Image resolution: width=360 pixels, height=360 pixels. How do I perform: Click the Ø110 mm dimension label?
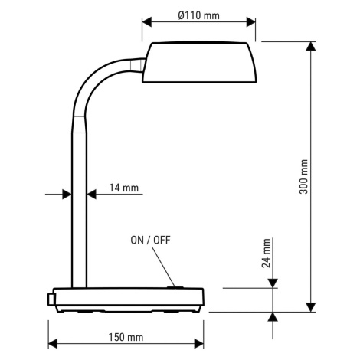[198, 15]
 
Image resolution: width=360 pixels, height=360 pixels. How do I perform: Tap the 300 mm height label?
[303, 177]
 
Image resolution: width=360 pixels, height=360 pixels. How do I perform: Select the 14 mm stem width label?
[124, 188]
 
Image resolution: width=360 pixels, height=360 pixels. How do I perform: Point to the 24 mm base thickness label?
[266, 253]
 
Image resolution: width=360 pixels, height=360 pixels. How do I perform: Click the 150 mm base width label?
[126, 337]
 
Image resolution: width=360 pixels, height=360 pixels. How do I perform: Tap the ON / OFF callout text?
[150, 241]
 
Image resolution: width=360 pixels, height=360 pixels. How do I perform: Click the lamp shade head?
[199, 62]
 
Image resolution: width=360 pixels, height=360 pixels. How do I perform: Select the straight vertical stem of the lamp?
[79, 210]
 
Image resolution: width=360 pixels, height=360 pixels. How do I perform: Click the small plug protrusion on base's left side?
[51, 299]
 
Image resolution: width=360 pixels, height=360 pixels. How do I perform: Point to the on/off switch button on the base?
[175, 287]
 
